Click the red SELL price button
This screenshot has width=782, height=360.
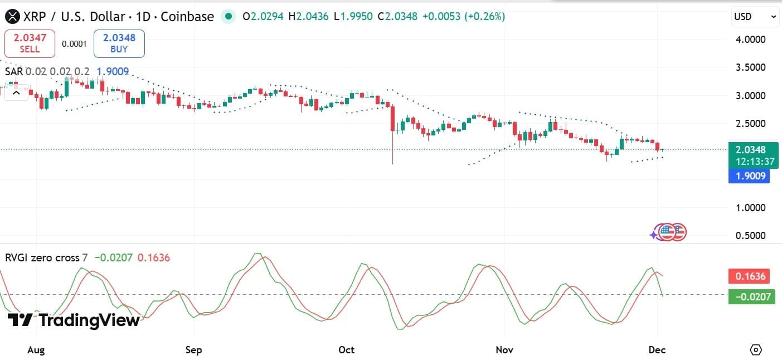tap(30, 43)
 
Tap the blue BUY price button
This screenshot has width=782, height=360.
tap(119, 43)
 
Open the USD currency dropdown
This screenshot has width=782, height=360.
tap(755, 17)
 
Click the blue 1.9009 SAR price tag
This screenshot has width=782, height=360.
tap(749, 177)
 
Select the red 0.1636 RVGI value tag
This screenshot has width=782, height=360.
tap(749, 276)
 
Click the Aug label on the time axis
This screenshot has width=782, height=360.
tap(36, 350)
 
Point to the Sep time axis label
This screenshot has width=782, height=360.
tap(193, 350)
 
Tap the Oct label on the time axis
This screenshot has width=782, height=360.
tap(347, 350)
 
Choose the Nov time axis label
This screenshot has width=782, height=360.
tap(504, 350)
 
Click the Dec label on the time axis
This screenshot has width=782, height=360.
tap(657, 350)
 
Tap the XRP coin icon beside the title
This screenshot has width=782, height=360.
tap(12, 17)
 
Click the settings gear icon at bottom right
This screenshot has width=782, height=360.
tap(756, 350)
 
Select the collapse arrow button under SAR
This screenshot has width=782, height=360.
tap(16, 93)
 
